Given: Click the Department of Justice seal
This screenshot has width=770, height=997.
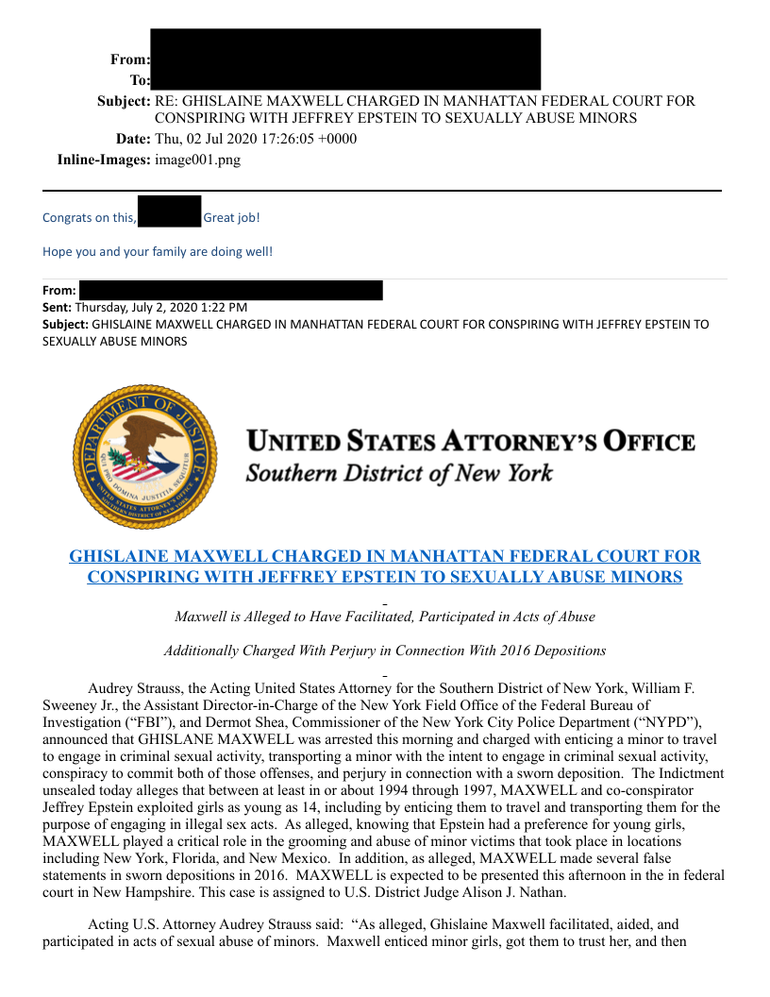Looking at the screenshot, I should click(x=144, y=457).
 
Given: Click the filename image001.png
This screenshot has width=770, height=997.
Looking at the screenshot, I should click(x=197, y=160).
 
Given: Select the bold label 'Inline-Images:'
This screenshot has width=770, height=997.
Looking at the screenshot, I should click(x=104, y=160).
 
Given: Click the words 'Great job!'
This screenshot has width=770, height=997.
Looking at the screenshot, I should click(x=231, y=218).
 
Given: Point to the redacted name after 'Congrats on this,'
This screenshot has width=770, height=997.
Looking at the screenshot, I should click(x=170, y=211).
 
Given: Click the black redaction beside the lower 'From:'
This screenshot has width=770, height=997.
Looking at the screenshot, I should click(x=230, y=290).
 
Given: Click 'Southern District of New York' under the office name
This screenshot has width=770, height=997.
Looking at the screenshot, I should click(x=399, y=472).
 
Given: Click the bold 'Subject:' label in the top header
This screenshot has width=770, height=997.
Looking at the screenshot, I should click(x=124, y=101).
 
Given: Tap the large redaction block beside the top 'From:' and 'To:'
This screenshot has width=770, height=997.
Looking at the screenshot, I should click(x=345, y=59).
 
